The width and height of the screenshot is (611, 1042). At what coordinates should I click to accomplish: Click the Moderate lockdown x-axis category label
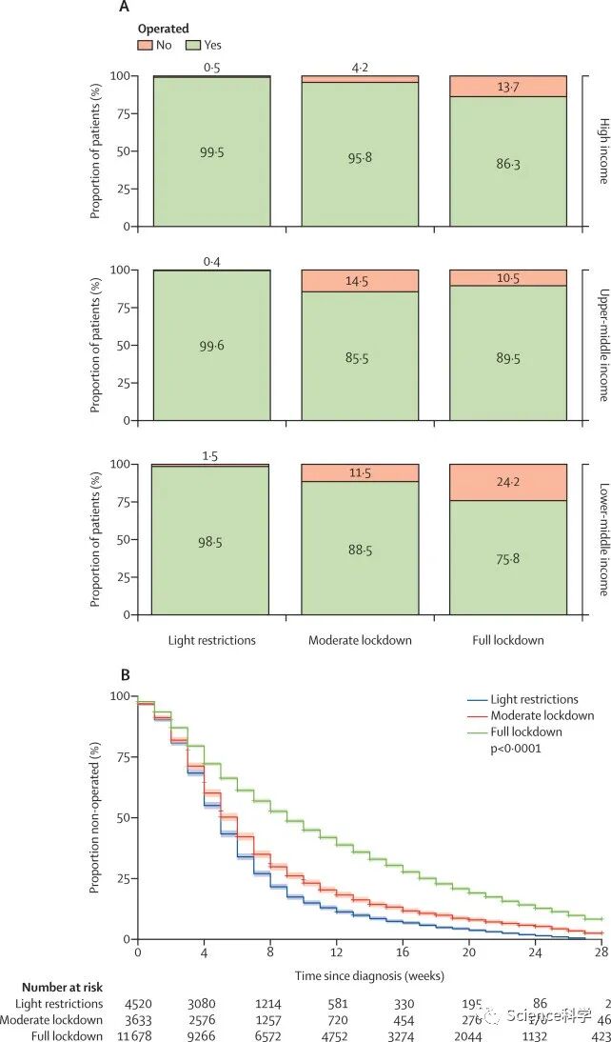coord(360,640)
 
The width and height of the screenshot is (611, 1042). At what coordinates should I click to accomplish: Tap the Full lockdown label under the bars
coord(507,640)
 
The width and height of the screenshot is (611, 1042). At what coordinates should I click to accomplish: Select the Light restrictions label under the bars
coord(211,640)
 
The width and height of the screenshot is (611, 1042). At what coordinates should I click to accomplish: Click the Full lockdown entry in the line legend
coord(526,731)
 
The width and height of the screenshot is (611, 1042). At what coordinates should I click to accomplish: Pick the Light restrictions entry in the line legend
coord(533,700)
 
